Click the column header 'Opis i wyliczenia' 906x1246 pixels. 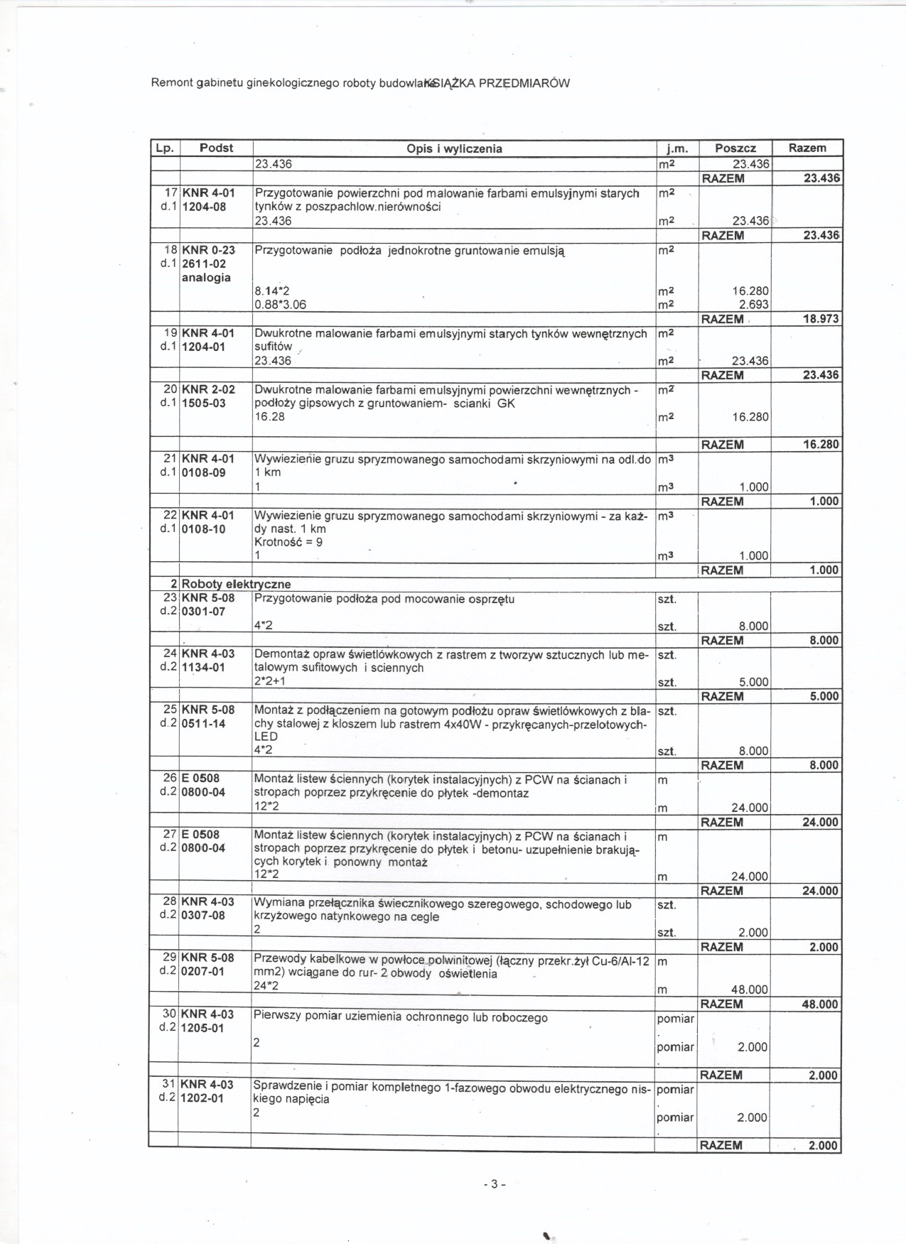[454, 148]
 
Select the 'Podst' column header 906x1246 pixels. [216, 148]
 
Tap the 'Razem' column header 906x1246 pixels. [807, 148]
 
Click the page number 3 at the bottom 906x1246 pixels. [494, 1184]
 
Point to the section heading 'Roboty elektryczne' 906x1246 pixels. [236, 584]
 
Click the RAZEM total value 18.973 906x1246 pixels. [820, 319]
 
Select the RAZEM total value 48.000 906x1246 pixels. [820, 1004]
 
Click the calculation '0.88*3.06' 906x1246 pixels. [280, 305]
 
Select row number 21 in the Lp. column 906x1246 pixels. [170, 459]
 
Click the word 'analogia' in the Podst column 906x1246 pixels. [206, 278]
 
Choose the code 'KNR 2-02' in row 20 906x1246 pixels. [208, 389]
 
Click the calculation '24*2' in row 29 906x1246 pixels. [266, 986]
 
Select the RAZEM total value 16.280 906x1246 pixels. [820, 445]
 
